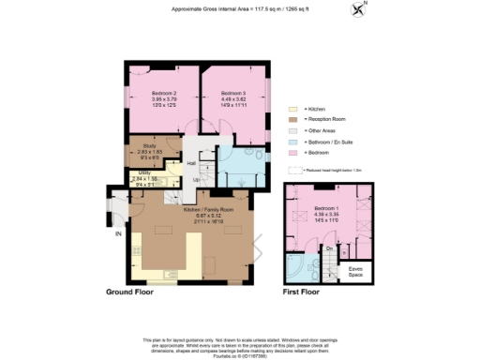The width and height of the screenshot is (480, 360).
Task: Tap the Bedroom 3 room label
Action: [x=233, y=94]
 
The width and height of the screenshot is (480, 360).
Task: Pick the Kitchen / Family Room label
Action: [x=202, y=207]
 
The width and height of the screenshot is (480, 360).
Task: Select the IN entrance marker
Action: [x=118, y=233]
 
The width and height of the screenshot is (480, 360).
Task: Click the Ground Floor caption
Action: [x=144, y=292]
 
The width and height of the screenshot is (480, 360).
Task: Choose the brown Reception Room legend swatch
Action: [x=292, y=121]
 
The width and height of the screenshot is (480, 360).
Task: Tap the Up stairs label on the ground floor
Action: [x=196, y=180]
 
